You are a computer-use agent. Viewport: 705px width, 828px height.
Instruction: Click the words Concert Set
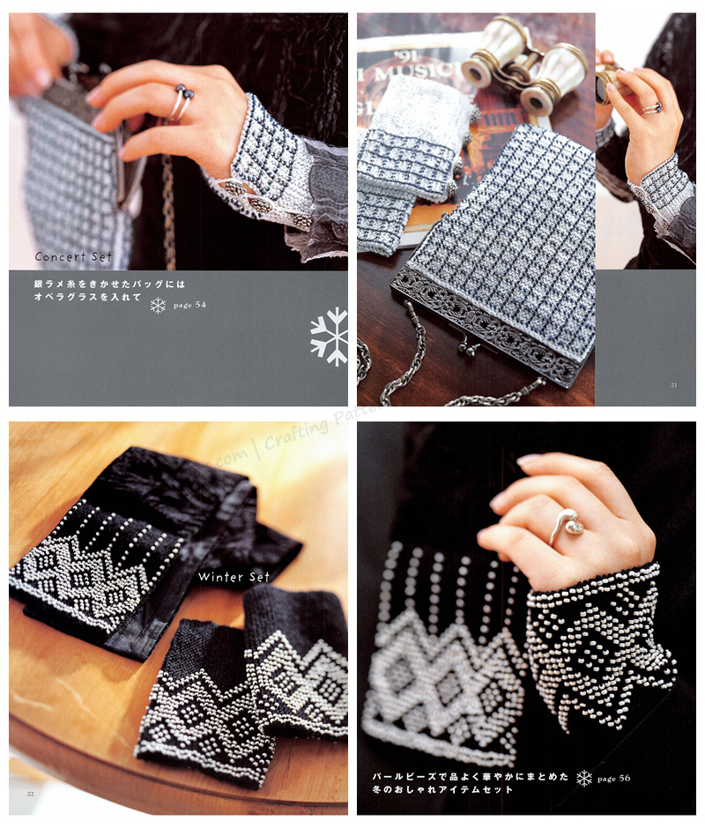click(x=73, y=257)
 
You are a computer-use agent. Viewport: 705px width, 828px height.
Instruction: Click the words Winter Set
click(x=234, y=577)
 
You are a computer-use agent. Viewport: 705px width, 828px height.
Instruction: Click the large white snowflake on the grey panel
click(x=330, y=336)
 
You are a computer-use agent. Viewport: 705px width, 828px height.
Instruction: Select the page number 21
click(x=673, y=384)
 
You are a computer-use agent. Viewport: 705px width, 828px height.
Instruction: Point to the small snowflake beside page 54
click(x=158, y=306)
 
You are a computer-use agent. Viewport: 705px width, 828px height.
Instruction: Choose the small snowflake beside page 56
click(x=583, y=778)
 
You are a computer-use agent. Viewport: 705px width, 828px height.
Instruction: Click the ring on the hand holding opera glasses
click(x=650, y=108)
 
